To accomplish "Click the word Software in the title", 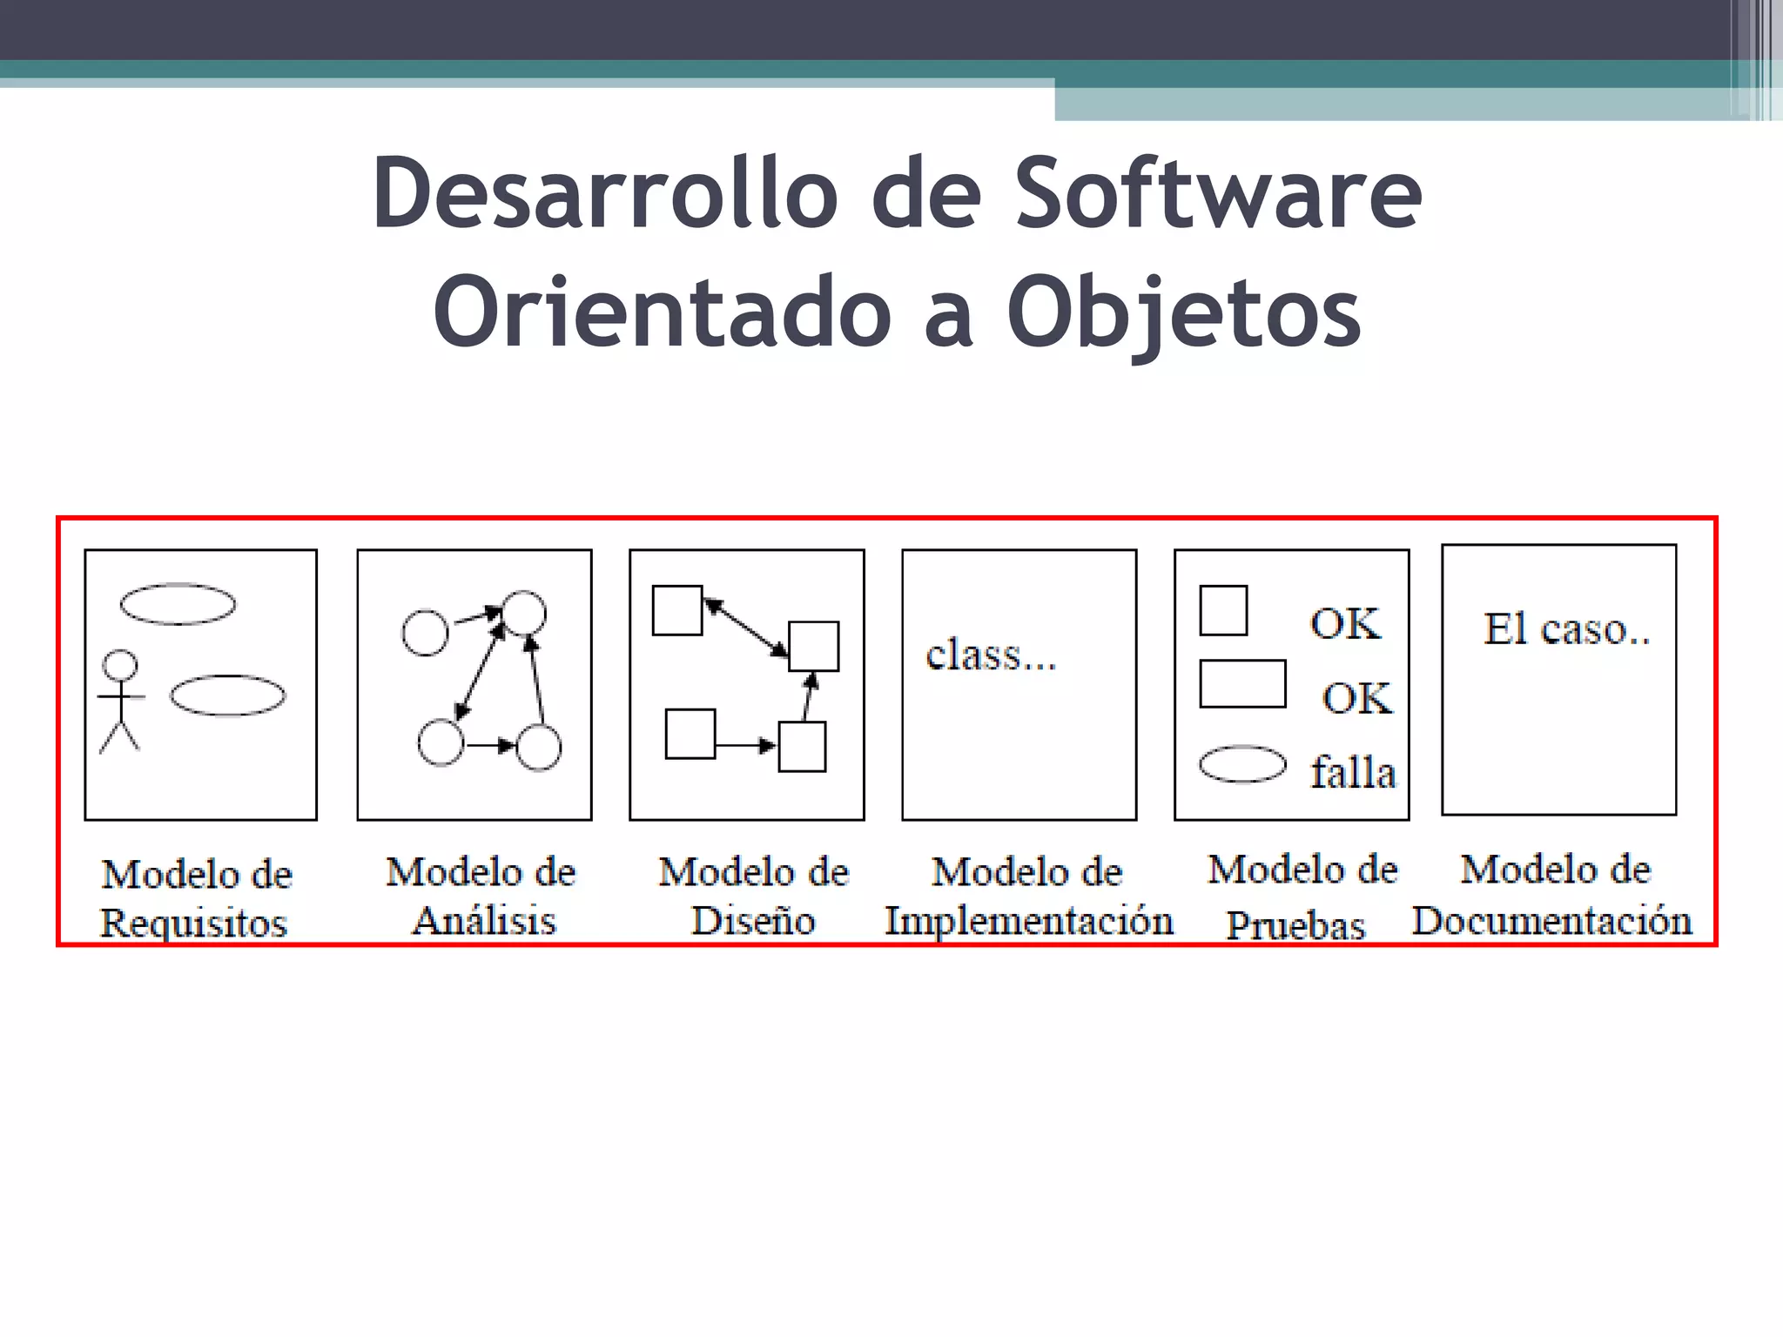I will (x=1219, y=193).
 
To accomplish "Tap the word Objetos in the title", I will (x=1183, y=312).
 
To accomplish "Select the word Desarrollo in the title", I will (x=600, y=193).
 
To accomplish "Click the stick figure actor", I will (x=120, y=700).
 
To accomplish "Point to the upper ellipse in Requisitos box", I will (x=178, y=604).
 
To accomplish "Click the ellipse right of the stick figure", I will (x=227, y=695).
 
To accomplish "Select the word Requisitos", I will (x=193, y=924).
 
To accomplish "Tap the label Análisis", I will (x=484, y=921).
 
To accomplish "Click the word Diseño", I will (x=753, y=921).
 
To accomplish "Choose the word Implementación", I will (x=1029, y=921).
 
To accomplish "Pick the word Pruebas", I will (x=1295, y=925).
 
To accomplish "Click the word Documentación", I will (x=1552, y=921).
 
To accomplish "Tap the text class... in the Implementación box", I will (x=991, y=655).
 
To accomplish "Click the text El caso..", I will (x=1566, y=629).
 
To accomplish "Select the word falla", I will (x=1353, y=772).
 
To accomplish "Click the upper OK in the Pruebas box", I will (x=1345, y=623).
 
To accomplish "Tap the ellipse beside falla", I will (x=1242, y=764).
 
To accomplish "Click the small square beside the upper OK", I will (x=1223, y=610).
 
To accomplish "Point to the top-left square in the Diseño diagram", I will (x=677, y=610).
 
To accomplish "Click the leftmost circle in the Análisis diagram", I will (x=425, y=633).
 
